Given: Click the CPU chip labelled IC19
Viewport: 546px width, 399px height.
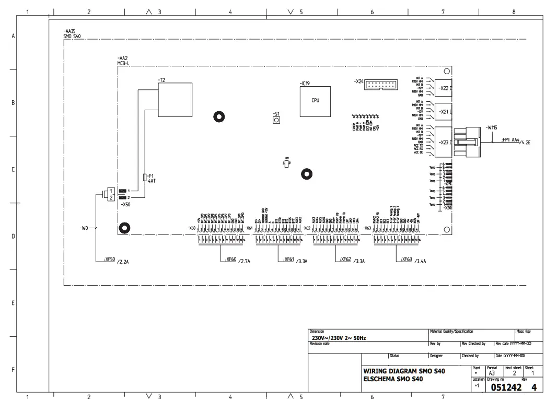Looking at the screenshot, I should (x=315, y=101).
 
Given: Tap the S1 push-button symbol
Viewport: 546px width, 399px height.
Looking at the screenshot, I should (x=276, y=121).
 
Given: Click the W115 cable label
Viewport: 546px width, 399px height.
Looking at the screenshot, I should (x=491, y=127).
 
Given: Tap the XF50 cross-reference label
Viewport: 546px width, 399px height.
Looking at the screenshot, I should (x=109, y=260).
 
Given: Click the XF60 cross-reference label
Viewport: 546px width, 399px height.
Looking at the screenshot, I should (x=230, y=260).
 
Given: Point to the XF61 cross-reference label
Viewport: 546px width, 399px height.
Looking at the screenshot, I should (x=288, y=260).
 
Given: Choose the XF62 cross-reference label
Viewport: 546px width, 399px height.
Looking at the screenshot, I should (x=345, y=260).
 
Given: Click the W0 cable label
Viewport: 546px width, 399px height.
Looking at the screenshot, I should (x=84, y=228).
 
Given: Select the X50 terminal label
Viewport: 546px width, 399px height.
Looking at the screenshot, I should (x=125, y=205).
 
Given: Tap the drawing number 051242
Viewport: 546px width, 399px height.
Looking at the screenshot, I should (x=506, y=387).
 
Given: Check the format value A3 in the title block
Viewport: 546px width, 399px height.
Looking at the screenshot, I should (x=491, y=373).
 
